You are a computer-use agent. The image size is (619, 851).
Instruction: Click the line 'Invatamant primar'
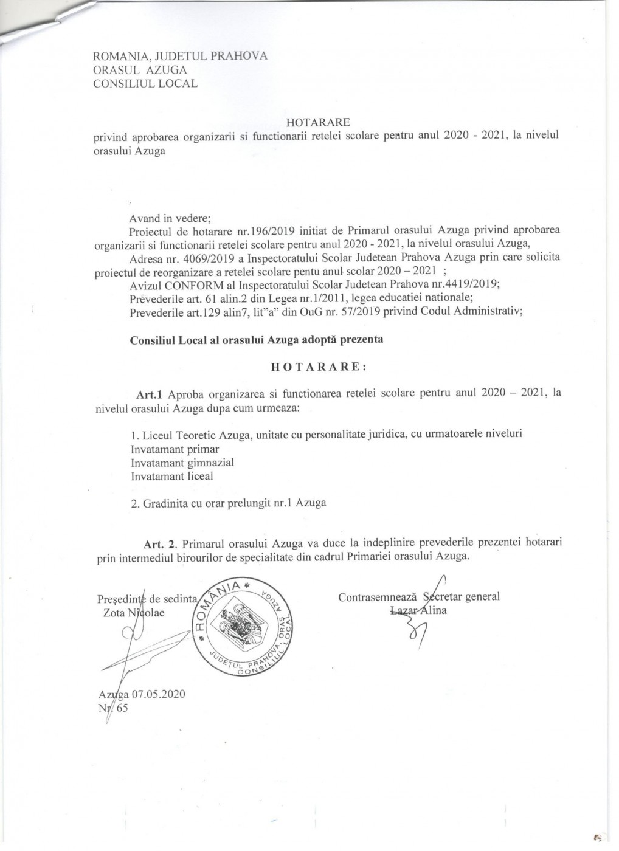175,449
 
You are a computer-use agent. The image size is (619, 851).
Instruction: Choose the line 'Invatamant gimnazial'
182,463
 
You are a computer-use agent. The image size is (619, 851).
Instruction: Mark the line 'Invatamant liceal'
172,476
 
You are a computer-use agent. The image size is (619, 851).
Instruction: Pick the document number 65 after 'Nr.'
122,708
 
